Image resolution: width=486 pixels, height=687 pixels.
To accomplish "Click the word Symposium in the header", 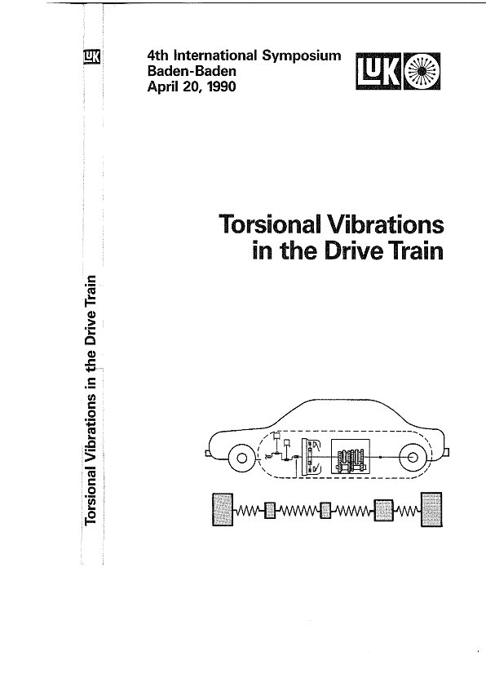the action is (301, 56).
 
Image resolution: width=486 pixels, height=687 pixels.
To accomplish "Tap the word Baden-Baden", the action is (192, 70).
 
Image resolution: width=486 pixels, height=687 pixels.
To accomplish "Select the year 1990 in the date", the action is (222, 86).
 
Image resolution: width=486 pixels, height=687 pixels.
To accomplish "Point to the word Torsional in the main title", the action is (270, 224).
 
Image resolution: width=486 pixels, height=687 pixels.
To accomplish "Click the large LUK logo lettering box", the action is (378, 72).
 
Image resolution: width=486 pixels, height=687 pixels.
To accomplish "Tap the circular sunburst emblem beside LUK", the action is (422, 72).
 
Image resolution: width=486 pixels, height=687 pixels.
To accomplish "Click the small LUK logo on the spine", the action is (92, 57).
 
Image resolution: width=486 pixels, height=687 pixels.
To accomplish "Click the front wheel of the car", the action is (241, 459).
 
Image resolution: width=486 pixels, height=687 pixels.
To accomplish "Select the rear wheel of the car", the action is (413, 458).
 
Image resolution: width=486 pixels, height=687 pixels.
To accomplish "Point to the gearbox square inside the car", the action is (351, 457).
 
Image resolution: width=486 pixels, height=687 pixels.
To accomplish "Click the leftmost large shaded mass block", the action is (223, 509).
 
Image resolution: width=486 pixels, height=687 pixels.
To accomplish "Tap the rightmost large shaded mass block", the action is (431, 509).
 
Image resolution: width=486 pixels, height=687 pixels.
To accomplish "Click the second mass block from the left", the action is (270, 511).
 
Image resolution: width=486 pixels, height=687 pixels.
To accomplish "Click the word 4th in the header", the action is (157, 55).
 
